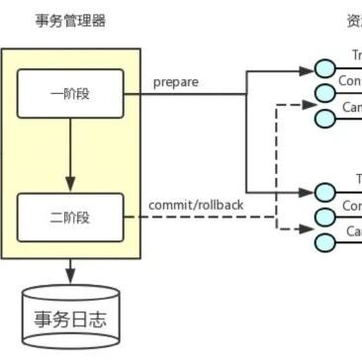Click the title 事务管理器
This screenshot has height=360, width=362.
69,21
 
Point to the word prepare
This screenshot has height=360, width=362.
176,82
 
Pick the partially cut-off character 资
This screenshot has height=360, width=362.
353,21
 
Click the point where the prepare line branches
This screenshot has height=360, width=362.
246,93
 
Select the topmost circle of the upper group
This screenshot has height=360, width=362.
324,68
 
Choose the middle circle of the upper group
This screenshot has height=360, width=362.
324,93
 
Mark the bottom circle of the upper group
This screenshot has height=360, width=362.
324,118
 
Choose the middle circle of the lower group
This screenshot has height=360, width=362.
324,217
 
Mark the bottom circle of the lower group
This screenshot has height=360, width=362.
324,242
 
